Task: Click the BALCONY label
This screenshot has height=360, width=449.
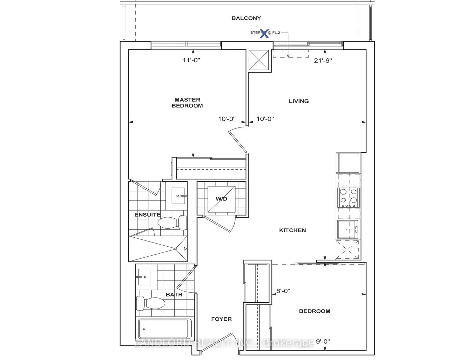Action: [x=246, y=18]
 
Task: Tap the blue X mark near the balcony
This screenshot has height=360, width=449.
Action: [x=265, y=33]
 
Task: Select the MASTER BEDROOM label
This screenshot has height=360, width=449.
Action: [x=187, y=103]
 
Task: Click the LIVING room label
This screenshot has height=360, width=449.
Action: [x=299, y=101]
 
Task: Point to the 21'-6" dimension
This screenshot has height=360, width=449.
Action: [x=323, y=60]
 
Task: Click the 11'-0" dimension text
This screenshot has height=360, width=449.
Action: [x=191, y=60]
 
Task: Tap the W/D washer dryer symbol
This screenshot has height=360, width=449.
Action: [x=221, y=199]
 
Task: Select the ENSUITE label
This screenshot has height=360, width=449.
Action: [x=147, y=215]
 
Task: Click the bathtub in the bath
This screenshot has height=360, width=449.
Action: [x=164, y=330]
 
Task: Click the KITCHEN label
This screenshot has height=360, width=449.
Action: [x=293, y=230]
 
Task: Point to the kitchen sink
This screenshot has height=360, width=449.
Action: [x=348, y=229]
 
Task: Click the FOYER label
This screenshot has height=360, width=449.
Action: [x=221, y=319]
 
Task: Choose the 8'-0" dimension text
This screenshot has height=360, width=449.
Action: [x=283, y=291]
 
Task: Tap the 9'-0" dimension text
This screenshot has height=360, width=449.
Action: [x=323, y=341]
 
